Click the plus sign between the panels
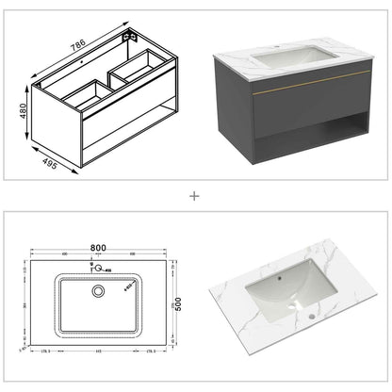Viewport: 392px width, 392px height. click(195, 197)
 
